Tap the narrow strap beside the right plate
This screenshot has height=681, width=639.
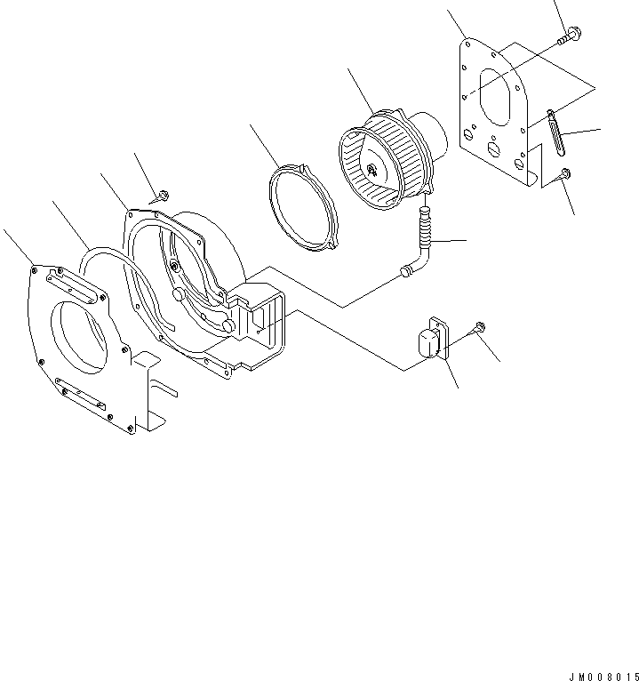click(x=556, y=133)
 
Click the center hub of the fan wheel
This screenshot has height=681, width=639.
click(x=371, y=168)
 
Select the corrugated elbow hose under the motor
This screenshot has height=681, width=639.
click(x=421, y=243)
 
